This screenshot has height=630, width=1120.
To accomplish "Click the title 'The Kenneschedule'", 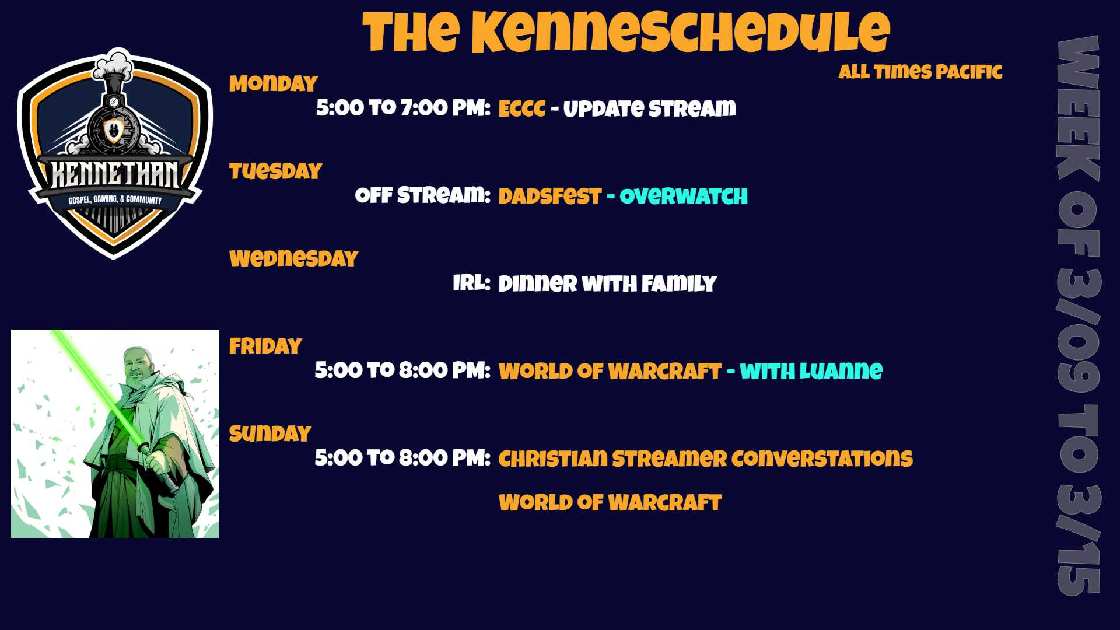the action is tap(626, 32).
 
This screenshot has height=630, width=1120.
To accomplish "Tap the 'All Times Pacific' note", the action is tap(921, 72).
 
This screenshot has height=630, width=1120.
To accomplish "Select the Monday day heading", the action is tap(273, 83).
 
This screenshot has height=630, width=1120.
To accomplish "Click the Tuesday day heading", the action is tap(275, 171).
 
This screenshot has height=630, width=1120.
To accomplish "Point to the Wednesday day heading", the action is tap(293, 258).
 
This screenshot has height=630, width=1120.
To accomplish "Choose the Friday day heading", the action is tap(265, 346).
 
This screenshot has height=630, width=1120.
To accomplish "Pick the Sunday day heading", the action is tap(270, 433).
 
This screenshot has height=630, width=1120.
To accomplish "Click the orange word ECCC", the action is tap(522, 108).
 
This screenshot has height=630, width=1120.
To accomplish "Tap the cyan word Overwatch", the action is tap(684, 196).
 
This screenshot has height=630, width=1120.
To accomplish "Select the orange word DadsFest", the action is tap(549, 196).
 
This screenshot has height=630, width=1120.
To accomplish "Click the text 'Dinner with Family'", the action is tap(607, 283).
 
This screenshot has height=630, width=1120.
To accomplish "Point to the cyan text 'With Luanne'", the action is tap(811, 371).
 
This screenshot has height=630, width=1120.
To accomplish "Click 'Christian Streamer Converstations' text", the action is tap(706, 459).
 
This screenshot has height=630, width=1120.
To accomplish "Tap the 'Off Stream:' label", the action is tap(423, 195).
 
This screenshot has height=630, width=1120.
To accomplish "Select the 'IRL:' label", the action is tap(472, 283).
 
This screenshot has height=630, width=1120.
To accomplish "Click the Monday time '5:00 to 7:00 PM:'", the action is tap(403, 108).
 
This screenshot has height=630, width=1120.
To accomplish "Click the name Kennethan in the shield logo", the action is tap(115, 174).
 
